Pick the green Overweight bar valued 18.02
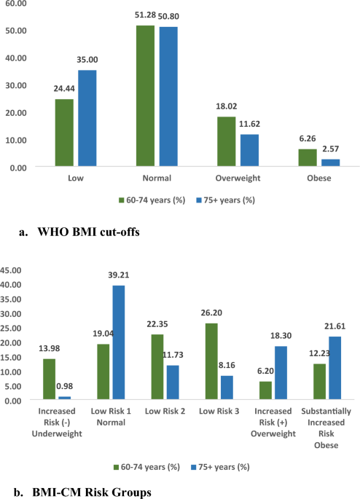pos(227,141)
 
